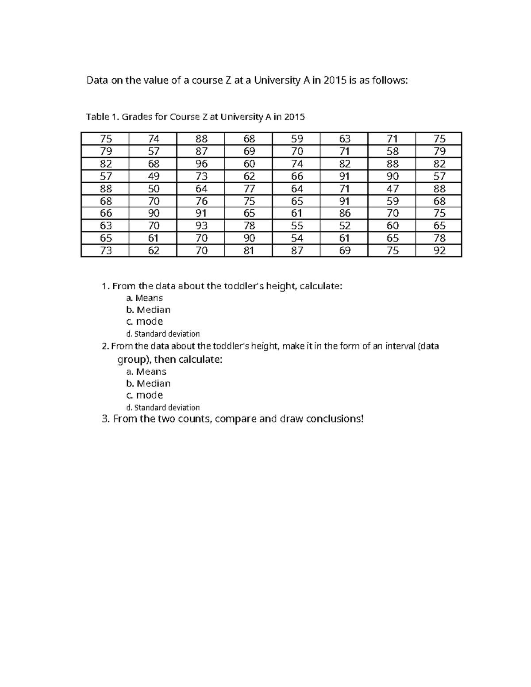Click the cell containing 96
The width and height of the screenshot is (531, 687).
click(201, 164)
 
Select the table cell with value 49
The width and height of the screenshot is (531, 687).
click(154, 176)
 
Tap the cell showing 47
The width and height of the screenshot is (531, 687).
click(392, 188)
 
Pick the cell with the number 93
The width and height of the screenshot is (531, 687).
click(201, 226)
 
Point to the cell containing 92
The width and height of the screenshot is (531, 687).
click(439, 251)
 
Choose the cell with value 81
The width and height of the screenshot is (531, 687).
click(249, 251)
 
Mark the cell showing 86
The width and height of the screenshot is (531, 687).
click(345, 213)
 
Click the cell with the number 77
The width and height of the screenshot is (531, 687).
click(249, 188)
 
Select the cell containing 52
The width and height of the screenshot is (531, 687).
click(345, 226)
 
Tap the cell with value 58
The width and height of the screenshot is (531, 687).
click(392, 151)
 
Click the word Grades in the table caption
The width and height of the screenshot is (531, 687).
click(137, 117)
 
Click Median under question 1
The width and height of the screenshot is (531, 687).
click(153, 310)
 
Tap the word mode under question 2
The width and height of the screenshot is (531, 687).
click(149, 395)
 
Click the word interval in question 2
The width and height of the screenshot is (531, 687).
click(400, 346)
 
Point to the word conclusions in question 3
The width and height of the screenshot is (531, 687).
click(335, 419)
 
